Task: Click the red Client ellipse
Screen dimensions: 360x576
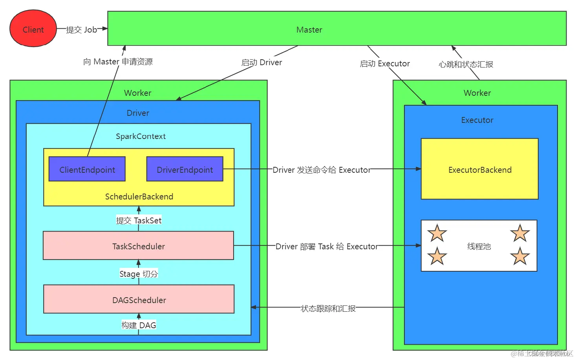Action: [33, 29]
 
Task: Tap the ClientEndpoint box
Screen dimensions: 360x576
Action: [87, 169]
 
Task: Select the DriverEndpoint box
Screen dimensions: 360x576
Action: [185, 169]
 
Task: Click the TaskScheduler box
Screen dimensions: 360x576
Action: [138, 246]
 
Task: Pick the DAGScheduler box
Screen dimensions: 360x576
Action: [139, 300]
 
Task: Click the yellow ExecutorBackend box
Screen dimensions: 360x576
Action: [479, 169]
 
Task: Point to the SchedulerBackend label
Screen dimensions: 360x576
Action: [139, 197]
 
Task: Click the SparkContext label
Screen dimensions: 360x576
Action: [141, 136]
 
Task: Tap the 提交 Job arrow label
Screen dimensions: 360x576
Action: [81, 30]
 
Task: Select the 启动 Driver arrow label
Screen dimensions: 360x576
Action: [261, 62]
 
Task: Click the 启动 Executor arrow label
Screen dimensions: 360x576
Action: [385, 64]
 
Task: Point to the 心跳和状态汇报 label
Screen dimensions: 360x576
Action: [466, 64]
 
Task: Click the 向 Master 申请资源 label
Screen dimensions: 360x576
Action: [118, 62]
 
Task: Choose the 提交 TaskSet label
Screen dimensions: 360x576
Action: [139, 221]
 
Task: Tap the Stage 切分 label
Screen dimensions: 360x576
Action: [139, 274]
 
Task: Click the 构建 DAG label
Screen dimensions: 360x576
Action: [139, 325]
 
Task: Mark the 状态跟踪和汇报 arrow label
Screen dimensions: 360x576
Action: [328, 309]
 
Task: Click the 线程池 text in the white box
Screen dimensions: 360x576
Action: [479, 247]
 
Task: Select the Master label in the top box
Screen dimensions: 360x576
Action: [309, 30]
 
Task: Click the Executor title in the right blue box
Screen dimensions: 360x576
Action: [477, 120]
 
